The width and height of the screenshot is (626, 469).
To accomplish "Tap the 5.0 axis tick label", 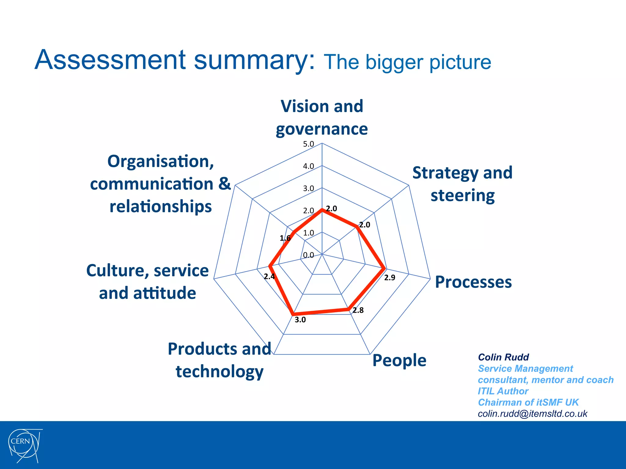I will click(308, 144).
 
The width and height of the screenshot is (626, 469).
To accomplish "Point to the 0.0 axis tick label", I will click(308, 255).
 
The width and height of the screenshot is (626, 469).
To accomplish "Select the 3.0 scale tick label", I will click(308, 188).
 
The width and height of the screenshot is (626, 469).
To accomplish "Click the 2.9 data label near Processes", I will click(389, 278).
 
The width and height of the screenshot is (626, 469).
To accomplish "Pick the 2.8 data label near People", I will click(358, 311).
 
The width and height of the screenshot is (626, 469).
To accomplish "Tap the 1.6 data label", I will click(285, 238).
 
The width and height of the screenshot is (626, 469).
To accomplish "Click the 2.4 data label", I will click(269, 277).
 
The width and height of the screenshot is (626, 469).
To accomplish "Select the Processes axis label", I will click(473, 282).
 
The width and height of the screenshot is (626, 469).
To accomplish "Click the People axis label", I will click(399, 360).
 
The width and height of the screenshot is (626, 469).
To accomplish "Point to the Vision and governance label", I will click(322, 118).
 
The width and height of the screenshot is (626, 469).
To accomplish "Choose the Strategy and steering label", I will click(462, 184).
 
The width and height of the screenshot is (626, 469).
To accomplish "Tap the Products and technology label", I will click(219, 360).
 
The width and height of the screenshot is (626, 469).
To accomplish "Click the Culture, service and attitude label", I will click(148, 282).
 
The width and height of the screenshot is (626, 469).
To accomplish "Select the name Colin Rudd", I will click(503, 357).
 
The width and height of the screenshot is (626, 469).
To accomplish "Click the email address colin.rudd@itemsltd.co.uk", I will click(532, 414).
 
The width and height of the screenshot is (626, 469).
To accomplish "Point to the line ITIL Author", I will click(503, 391).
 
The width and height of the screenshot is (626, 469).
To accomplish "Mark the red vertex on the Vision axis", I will click(322, 210).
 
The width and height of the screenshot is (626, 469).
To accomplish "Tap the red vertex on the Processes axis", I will click(385, 269).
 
